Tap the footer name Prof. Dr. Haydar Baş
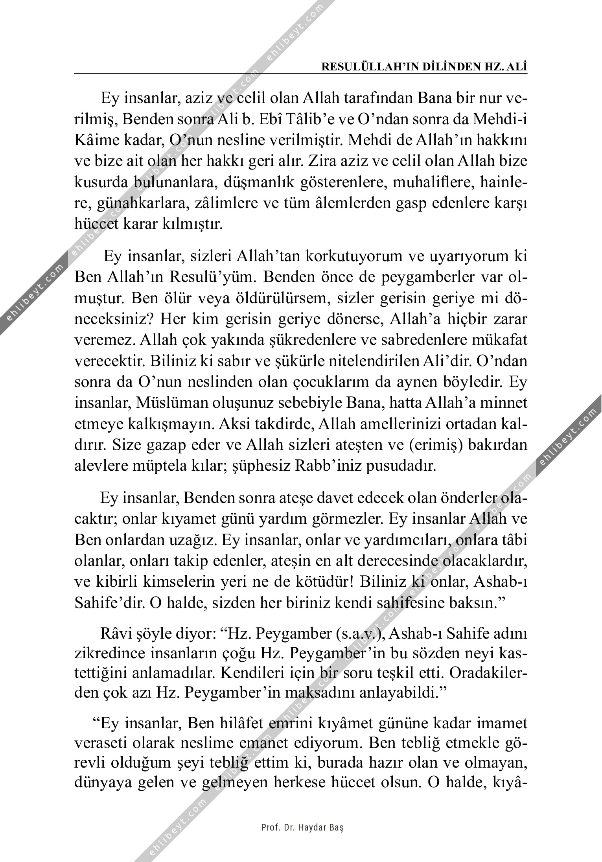tap(302, 827)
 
